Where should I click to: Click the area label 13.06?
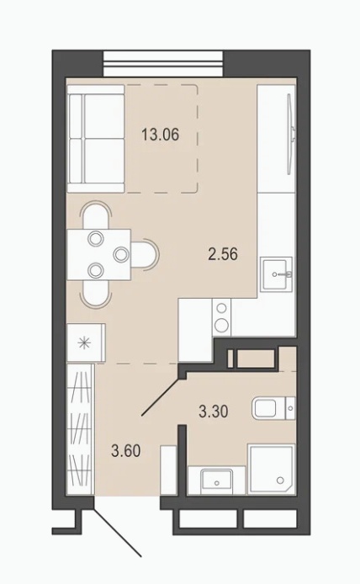(160, 135)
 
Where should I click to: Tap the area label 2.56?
(223, 254)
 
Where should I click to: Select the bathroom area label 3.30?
(214, 411)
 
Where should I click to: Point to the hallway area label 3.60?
(126, 451)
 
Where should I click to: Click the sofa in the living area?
(96, 139)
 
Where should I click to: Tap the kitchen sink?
(276, 274)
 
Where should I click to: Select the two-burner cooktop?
(222, 317)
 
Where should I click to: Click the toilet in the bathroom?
(273, 408)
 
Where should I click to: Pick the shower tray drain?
(280, 480)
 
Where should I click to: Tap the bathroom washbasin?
(216, 481)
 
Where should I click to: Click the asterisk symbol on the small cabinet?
(85, 342)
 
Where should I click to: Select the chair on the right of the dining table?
(145, 254)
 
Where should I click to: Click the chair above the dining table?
(96, 215)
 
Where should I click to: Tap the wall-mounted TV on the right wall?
(291, 134)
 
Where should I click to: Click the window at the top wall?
(163, 64)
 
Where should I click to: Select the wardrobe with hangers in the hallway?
(81, 429)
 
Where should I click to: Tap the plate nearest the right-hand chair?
(121, 254)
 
